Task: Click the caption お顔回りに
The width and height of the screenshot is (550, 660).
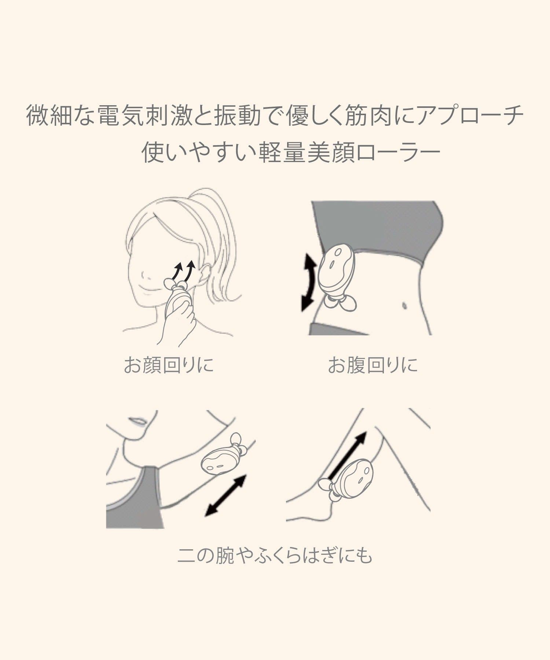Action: coord(169,365)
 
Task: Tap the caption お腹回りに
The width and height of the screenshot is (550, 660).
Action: coord(373,365)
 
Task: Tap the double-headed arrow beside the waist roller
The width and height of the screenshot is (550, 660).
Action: coord(308,283)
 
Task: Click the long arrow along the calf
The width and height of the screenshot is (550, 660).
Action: coord(347,455)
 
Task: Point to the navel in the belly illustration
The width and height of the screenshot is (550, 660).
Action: coord(404,305)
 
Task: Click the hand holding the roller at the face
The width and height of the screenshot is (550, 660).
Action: coord(179,319)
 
